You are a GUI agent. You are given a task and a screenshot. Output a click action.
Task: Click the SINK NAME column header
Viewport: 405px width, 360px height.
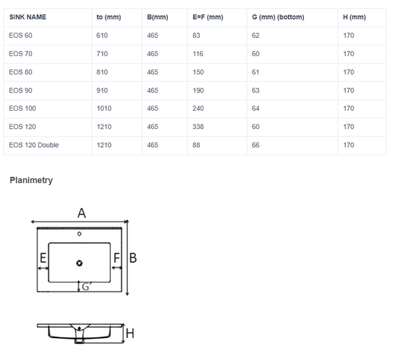tap(27, 17)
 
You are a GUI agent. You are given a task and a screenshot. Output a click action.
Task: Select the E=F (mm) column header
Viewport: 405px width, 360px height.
tap(207, 17)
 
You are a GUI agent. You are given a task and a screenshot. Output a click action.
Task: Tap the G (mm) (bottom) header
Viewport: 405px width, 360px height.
tap(278, 17)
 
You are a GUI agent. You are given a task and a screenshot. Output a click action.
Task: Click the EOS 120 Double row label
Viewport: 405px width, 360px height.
tap(34, 145)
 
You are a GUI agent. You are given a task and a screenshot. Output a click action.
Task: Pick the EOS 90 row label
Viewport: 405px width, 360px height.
tap(21, 90)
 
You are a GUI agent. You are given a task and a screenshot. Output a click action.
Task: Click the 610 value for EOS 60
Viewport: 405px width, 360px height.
tap(102, 36)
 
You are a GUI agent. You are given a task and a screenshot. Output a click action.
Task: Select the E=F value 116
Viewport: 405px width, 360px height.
tap(198, 54)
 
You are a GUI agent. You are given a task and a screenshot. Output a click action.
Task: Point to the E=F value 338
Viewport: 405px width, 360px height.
tap(198, 127)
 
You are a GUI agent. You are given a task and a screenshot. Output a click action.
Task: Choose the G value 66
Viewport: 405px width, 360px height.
tap(256, 145)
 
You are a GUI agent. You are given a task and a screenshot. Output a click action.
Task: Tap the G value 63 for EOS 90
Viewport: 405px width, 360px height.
tap(256, 90)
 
